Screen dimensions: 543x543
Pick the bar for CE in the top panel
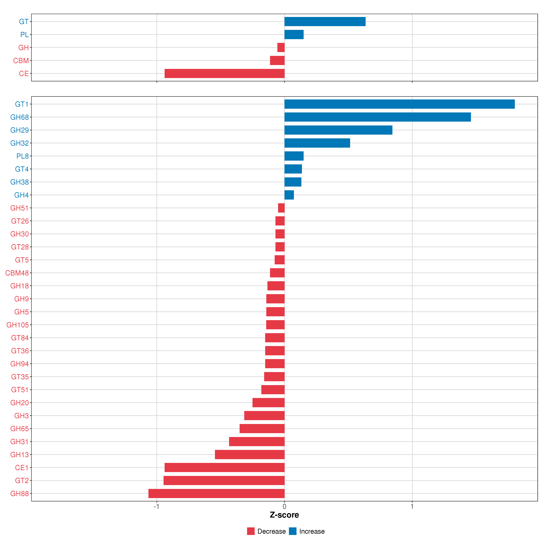tap(225, 73)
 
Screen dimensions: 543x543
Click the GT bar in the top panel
tap(325, 21)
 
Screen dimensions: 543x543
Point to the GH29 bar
tap(338, 130)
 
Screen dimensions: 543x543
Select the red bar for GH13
tap(250, 454)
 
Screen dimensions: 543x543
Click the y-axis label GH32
tap(19, 143)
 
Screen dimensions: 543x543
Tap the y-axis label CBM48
tap(17, 273)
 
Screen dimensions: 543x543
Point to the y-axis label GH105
tap(17, 325)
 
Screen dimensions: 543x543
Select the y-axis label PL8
tap(23, 156)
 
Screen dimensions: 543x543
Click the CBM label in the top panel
tap(21, 60)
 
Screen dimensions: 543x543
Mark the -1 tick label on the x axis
tap(156, 506)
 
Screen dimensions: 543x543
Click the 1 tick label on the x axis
tap(412, 506)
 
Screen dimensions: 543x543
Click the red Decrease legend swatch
tap(251, 531)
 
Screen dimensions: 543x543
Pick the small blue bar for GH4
tap(289, 195)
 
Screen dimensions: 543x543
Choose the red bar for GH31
tap(257, 442)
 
